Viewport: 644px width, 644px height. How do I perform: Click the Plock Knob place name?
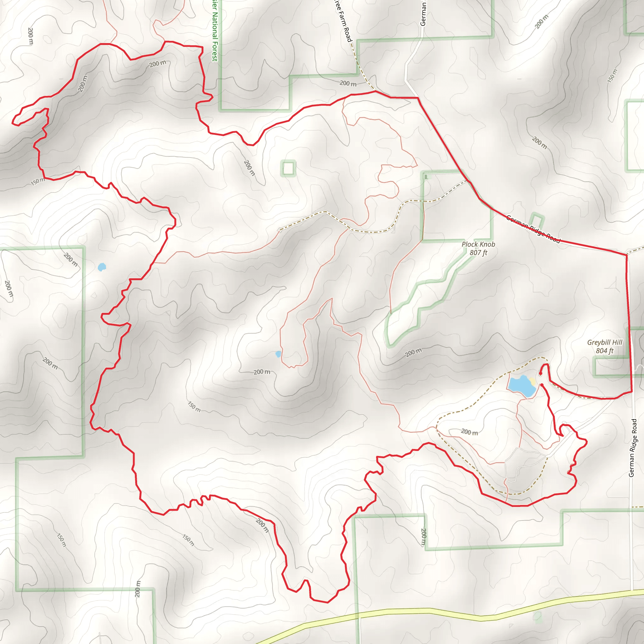[478, 244]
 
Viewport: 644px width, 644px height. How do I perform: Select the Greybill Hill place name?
[604, 342]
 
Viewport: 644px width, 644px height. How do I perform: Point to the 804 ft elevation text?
[604, 351]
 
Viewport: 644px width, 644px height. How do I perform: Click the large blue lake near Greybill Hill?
[521, 385]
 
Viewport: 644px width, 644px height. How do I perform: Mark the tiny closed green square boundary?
[288, 168]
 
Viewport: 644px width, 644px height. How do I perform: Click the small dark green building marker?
[426, 177]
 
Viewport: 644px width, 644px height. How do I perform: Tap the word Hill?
[617, 342]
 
